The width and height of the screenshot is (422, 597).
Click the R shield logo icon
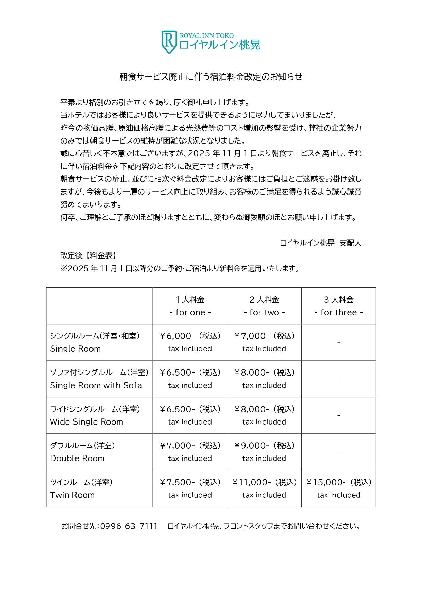[169, 42]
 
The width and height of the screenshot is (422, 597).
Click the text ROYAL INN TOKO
[206, 36]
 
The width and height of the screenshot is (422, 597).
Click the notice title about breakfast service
[211, 77]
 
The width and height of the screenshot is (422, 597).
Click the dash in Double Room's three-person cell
[339, 452]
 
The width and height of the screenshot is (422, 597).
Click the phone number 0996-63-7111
[129, 526]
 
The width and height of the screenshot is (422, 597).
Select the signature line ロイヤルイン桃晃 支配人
[320, 243]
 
